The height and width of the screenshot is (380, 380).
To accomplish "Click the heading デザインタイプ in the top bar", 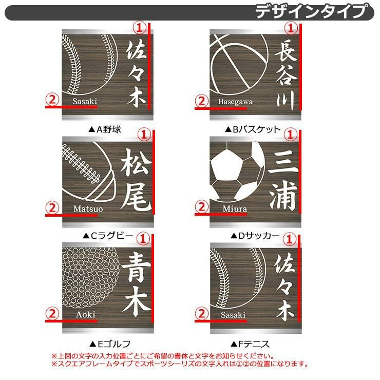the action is click(x=311, y=11).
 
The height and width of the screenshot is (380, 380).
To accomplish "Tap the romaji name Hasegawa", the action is click(x=235, y=102).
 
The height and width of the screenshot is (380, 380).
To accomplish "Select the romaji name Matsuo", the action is click(x=88, y=208).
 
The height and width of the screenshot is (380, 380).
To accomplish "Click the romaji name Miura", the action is click(x=235, y=208).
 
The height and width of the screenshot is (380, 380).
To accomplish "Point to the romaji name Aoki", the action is click(x=86, y=315).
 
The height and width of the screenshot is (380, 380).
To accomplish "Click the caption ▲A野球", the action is click(x=105, y=129).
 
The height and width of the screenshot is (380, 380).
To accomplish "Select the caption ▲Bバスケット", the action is click(x=253, y=129).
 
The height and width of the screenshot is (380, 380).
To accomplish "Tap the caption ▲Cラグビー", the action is click(x=108, y=236).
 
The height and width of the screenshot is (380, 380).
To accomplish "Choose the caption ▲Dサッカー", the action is click(x=255, y=236).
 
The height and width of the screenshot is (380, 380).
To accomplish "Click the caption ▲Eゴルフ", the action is click(x=110, y=344).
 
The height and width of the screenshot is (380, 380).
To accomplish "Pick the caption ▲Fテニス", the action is click(x=250, y=344).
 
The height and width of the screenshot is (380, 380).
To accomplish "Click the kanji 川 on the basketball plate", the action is click(x=286, y=100).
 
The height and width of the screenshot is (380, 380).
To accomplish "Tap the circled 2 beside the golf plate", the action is click(x=52, y=314).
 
